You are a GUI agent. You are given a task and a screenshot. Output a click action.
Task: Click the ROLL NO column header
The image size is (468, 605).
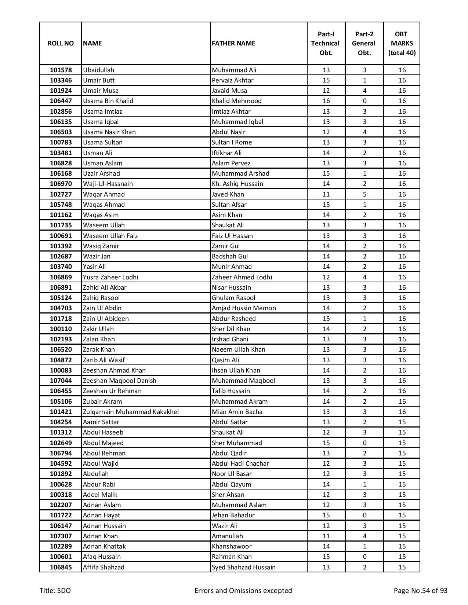click(61, 43)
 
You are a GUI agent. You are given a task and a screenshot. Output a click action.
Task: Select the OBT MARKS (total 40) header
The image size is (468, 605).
click(402, 43)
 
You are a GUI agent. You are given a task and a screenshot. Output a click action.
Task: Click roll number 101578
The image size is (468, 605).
click(61, 70)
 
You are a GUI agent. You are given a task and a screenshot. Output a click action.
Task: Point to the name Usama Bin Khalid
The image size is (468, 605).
click(108, 101)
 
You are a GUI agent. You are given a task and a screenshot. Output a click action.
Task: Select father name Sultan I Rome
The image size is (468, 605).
click(232, 142)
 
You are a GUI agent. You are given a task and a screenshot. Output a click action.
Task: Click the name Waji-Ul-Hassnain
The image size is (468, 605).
click(108, 184)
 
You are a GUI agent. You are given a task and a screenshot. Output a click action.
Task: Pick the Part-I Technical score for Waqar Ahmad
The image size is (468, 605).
click(326, 194)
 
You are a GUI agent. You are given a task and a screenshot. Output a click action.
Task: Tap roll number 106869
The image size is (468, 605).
click(61, 277)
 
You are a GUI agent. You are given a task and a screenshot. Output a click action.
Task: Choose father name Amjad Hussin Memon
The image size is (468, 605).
click(244, 308)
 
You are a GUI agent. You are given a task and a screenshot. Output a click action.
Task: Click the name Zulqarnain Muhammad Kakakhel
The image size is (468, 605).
click(131, 412)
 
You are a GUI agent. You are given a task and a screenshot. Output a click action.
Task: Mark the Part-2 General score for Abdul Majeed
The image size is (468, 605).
click(364, 443)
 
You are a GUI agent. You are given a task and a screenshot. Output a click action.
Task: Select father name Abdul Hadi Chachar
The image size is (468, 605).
click(240, 463)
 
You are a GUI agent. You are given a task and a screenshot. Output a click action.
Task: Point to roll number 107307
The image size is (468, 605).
click(61, 536)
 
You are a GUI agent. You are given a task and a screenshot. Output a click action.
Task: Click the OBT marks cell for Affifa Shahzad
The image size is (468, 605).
click(402, 567)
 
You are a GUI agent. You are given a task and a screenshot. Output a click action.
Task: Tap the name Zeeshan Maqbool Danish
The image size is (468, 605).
click(120, 381)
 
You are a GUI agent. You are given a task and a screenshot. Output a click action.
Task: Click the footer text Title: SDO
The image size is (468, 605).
click(55, 591)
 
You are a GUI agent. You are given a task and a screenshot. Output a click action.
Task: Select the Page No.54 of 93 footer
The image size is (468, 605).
click(420, 591)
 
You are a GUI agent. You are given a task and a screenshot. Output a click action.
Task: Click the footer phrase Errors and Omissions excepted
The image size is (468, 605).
click(243, 591)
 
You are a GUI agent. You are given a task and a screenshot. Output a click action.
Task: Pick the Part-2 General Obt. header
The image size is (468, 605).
click(364, 43)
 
